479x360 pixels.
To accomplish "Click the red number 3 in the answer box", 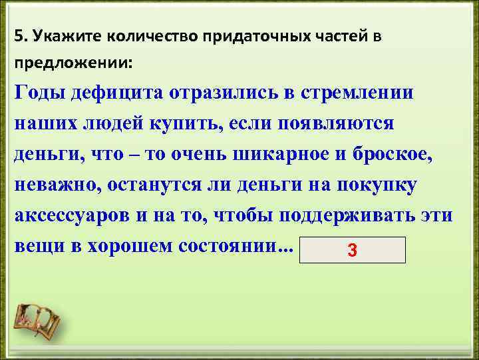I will (353, 251).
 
